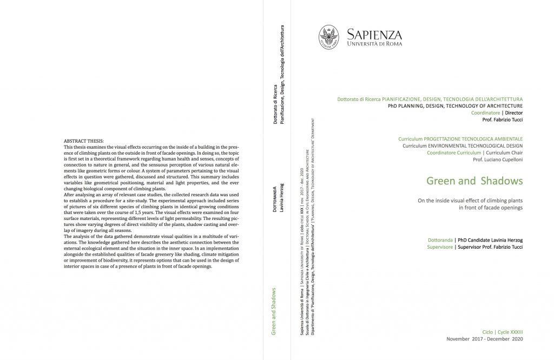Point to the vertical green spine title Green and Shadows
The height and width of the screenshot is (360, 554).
(x=274, y=311)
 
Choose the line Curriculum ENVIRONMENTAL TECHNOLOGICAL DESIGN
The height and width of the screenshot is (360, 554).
(x=463, y=146)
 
